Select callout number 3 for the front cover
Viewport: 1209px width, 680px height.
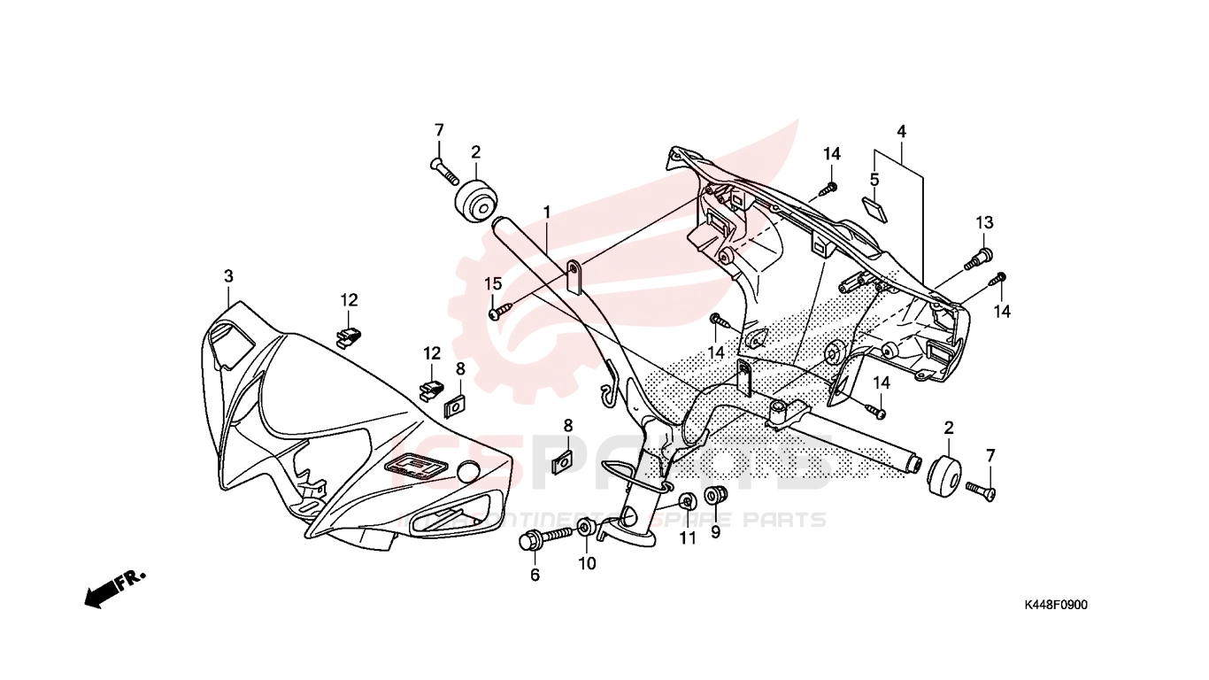pyautogui.click(x=228, y=276)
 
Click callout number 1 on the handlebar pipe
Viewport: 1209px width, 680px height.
pyautogui.click(x=547, y=212)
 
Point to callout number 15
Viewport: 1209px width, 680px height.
pyautogui.click(x=493, y=283)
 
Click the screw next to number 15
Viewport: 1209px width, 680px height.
pyautogui.click(x=501, y=311)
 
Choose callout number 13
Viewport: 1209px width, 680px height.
pyautogui.click(x=985, y=221)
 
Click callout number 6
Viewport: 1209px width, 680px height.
pyautogui.click(x=535, y=576)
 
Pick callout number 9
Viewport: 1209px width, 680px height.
pyautogui.click(x=715, y=533)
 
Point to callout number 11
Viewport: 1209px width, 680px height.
pyautogui.click(x=688, y=538)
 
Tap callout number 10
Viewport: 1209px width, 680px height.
pyautogui.click(x=587, y=563)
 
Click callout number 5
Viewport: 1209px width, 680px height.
pyautogui.click(x=874, y=180)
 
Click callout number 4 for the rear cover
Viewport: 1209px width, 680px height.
pyautogui.click(x=901, y=132)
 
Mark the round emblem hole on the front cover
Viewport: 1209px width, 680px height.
pyautogui.click(x=466, y=474)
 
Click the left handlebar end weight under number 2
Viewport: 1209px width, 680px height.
pyautogui.click(x=475, y=202)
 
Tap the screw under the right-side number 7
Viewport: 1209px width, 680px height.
pyautogui.click(x=981, y=488)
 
